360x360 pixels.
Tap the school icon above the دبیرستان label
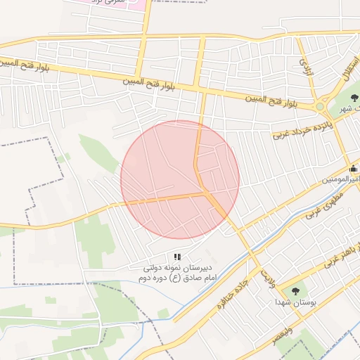pyautogui.click(x=177, y=257)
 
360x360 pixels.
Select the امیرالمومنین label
pyautogui.click(x=340, y=180)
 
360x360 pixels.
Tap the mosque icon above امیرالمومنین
pyautogui.click(x=353, y=169)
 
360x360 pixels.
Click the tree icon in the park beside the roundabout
pyautogui.click(x=353, y=99)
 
